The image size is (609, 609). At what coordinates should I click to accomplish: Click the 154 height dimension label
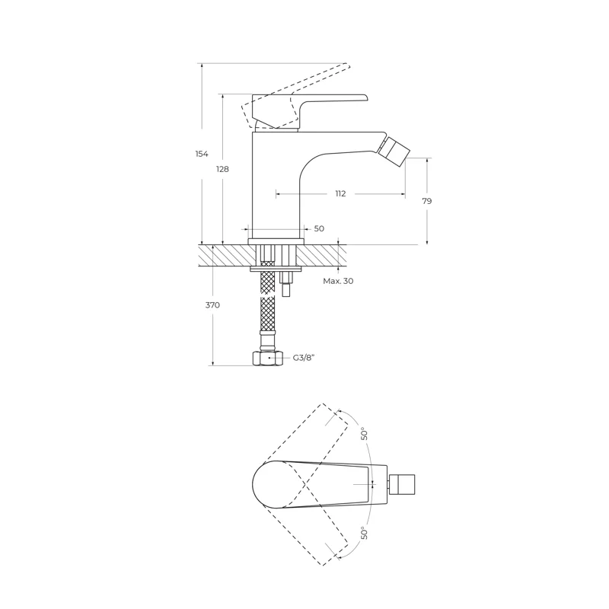pyautogui.click(x=202, y=154)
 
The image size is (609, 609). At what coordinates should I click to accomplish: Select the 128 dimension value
pyautogui.click(x=222, y=169)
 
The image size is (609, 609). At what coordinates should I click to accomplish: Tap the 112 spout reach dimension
pyautogui.click(x=340, y=193)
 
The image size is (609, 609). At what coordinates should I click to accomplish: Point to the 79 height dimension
pyautogui.click(x=426, y=201)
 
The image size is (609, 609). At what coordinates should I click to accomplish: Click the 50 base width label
pyautogui.click(x=319, y=228)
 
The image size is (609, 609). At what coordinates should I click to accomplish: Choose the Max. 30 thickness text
pyautogui.click(x=338, y=281)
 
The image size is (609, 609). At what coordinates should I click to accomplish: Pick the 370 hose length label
pyautogui.click(x=212, y=305)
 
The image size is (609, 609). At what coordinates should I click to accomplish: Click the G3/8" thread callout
pyautogui.click(x=303, y=358)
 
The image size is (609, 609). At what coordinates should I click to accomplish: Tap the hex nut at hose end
pyautogui.click(x=268, y=358)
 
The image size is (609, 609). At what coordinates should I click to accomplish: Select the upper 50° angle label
pyautogui.click(x=364, y=433)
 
